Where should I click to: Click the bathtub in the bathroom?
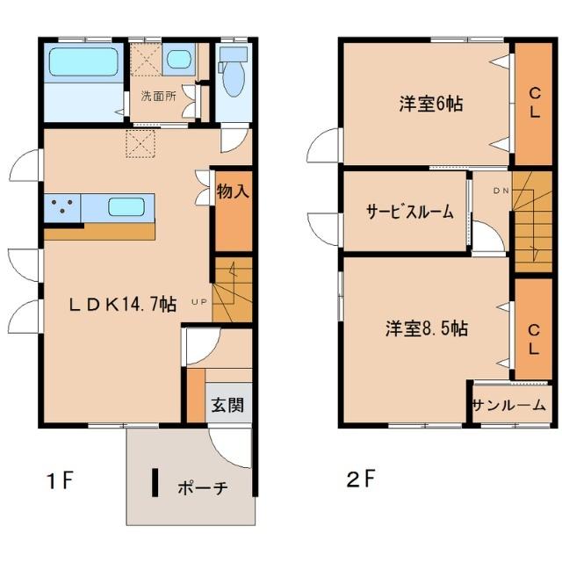83,62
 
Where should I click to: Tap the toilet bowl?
233,78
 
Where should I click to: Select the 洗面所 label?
158,96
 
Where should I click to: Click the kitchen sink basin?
126,207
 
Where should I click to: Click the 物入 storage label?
233,191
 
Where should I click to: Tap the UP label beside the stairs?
199,302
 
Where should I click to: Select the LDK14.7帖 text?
123,305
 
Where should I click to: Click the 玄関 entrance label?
227,406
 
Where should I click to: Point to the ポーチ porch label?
203,488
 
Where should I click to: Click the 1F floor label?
61,480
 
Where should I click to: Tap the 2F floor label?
361,479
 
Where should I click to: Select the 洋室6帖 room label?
431,104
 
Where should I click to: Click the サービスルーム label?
410,212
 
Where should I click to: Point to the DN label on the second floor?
501,191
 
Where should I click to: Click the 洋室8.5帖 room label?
427,328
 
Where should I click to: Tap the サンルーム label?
509,406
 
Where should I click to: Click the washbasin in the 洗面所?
178,59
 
